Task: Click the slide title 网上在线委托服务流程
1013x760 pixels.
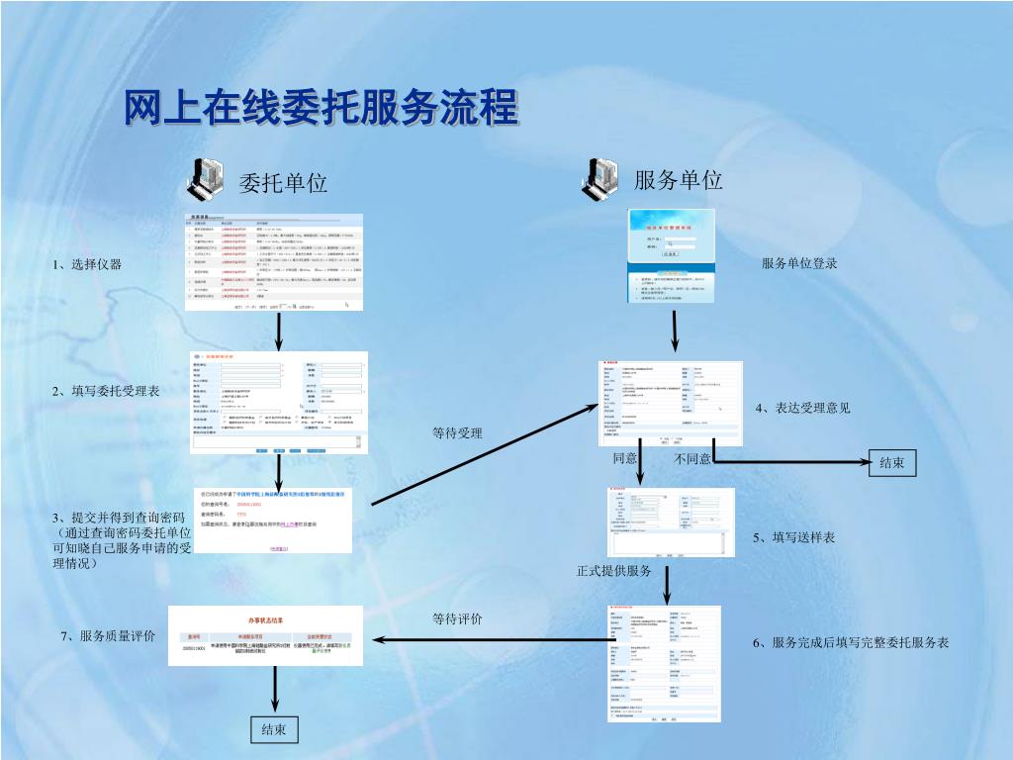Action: (321, 108)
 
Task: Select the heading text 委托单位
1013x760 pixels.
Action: (283, 183)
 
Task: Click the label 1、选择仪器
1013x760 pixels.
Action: (88, 264)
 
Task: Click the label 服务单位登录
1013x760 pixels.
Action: (799, 263)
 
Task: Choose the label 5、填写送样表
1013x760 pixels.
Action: (793, 537)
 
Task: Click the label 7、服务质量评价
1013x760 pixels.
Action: (108, 635)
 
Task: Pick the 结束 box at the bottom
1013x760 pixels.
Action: (273, 729)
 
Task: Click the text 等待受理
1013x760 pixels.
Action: (457, 433)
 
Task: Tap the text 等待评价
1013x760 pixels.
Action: (457, 619)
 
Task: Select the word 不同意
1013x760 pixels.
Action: (692, 459)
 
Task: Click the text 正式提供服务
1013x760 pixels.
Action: (614, 571)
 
